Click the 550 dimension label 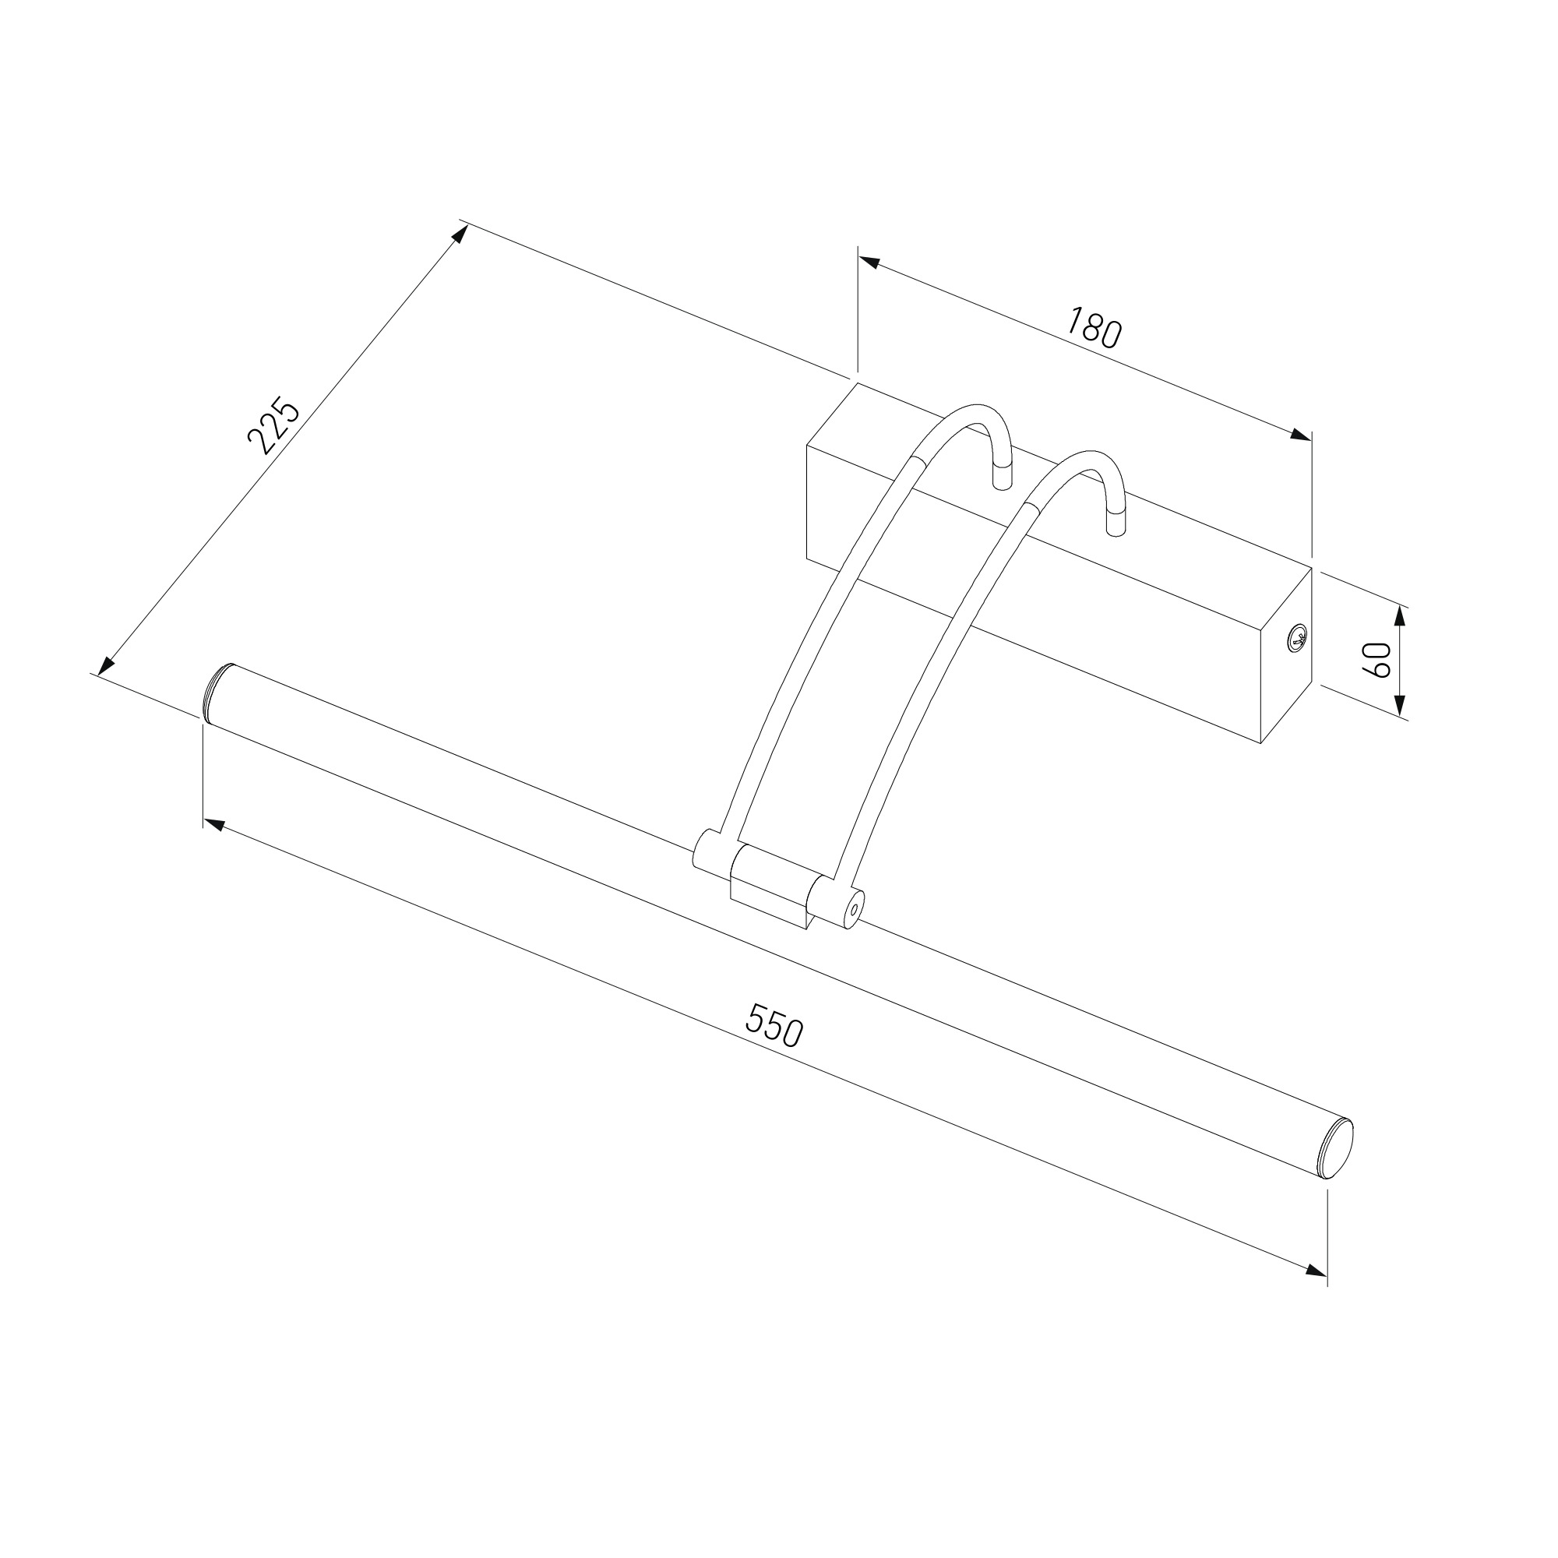(x=774, y=1025)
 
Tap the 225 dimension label (x=273, y=425)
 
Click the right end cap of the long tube (x=1337, y=1150)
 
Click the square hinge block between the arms (x=770, y=886)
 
